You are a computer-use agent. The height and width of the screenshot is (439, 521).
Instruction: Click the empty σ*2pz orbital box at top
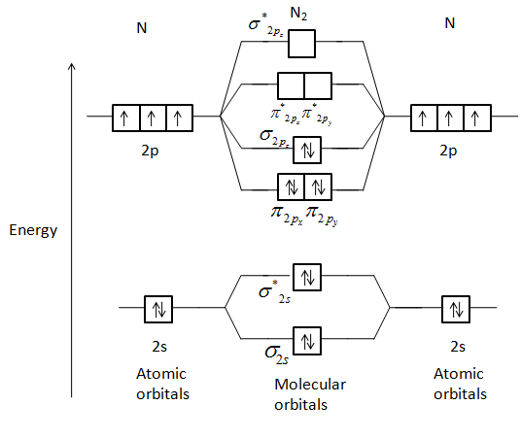pyautogui.click(x=304, y=44)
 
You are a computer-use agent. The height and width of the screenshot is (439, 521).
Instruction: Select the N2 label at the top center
pyautogui.click(x=304, y=15)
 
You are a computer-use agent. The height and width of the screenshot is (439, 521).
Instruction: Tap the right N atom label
pyautogui.click(x=448, y=23)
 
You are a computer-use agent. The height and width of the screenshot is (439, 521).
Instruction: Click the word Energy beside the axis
pyautogui.click(x=33, y=230)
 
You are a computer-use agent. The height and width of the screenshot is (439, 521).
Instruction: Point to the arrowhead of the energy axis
pyautogui.click(x=71, y=66)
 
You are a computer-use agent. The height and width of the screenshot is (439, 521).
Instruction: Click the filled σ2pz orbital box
pyautogui.click(x=307, y=150)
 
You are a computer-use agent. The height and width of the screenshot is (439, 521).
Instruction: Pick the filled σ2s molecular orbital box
pyautogui.click(x=307, y=341)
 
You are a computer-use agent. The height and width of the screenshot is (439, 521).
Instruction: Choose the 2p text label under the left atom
pyautogui.click(x=149, y=152)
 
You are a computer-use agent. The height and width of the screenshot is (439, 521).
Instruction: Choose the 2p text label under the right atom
pyautogui.click(x=448, y=152)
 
